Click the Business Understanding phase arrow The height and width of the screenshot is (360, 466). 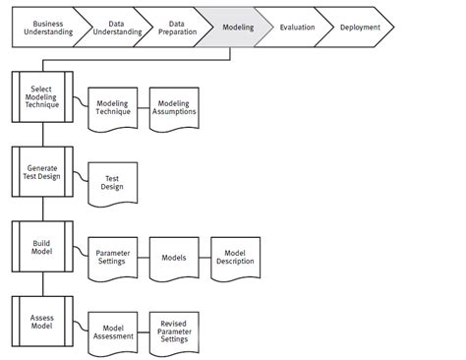coord(41,28)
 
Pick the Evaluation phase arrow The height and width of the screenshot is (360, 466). coord(296,28)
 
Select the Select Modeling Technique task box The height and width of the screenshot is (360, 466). coord(41,95)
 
